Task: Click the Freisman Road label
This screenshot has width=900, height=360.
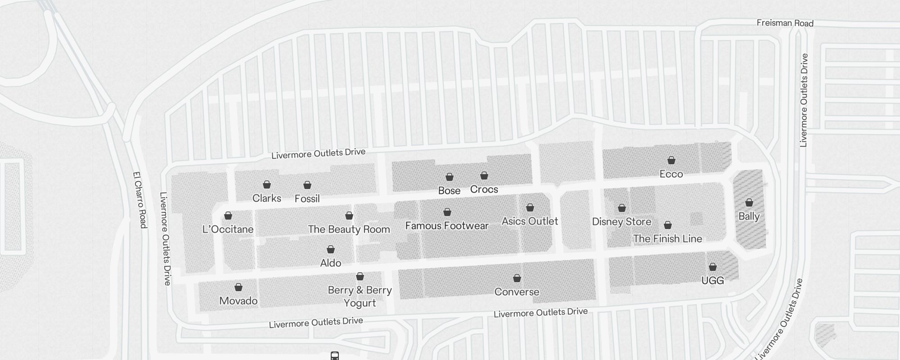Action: (x=785, y=23)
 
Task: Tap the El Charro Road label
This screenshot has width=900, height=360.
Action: (x=140, y=200)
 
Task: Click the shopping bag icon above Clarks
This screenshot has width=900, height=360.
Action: (x=267, y=184)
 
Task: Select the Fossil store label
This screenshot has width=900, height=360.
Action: (x=307, y=198)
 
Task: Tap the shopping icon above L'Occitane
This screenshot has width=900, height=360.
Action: (x=228, y=216)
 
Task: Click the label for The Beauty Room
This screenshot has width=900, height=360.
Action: (x=349, y=229)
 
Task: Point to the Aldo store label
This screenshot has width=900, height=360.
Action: (x=330, y=263)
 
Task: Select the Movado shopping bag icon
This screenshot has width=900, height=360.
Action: (x=238, y=287)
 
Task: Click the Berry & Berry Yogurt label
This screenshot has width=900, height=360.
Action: (x=360, y=296)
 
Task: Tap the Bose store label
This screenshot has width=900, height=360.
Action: (x=449, y=191)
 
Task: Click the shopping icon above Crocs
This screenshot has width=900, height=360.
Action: (x=484, y=175)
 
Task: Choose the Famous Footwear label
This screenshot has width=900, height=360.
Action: (x=446, y=225)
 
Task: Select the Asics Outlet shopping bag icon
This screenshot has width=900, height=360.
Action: (x=530, y=208)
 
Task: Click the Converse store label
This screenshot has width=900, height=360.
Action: (x=517, y=292)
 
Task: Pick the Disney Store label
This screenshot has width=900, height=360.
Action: (x=621, y=221)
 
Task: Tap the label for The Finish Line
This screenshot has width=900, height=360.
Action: (x=667, y=238)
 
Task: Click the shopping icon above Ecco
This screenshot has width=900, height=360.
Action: (x=671, y=160)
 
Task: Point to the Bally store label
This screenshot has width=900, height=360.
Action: (x=749, y=216)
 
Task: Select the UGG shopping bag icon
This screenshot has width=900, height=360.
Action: (x=713, y=267)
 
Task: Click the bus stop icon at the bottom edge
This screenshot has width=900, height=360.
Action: (x=334, y=356)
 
